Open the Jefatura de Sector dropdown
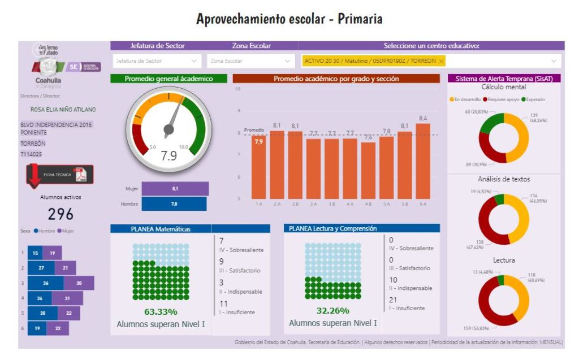click(x=156, y=60)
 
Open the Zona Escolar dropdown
click(x=251, y=60)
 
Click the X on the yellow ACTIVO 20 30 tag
click(x=441, y=60)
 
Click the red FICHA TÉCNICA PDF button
click(x=60, y=175)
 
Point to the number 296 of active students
click(x=61, y=214)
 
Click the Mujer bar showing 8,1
click(x=175, y=189)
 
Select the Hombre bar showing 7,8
click(x=174, y=203)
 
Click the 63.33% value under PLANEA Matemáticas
click(x=160, y=311)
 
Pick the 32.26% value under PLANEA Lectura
click(x=332, y=311)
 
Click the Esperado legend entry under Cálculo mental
click(x=533, y=99)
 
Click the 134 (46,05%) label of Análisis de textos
click(x=537, y=198)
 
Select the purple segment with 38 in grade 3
click(x=79, y=283)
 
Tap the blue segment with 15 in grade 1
click(x=35, y=253)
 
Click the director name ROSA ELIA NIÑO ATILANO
click(x=63, y=110)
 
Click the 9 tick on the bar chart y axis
click(x=238, y=111)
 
